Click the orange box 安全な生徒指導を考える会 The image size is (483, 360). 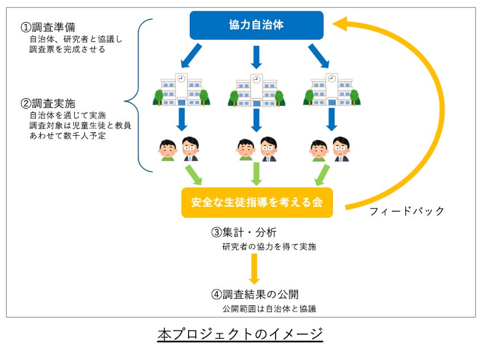tap(257, 203)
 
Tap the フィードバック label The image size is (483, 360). tap(407, 211)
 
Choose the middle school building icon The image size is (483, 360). tap(256, 91)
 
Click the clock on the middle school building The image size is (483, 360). tap(256, 79)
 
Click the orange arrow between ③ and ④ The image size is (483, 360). tap(254, 269)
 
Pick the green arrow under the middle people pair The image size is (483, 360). tap(256, 173)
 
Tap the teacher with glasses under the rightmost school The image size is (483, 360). tap(341, 149)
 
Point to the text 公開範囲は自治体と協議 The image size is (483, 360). tap(269, 309)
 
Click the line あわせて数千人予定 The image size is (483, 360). tap(68, 136)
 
